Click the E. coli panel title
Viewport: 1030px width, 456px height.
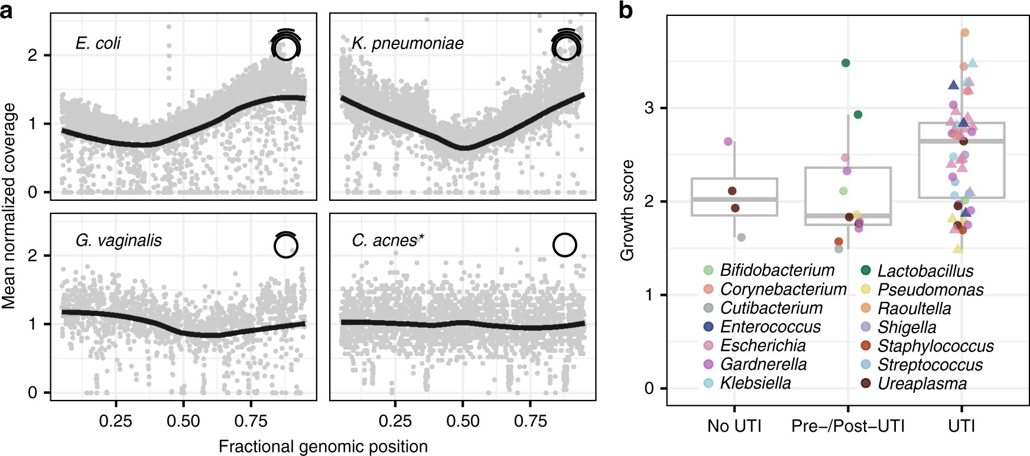(98, 43)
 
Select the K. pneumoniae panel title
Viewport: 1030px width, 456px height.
(407, 43)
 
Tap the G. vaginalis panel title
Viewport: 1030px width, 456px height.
(118, 240)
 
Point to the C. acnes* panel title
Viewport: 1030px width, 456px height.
(388, 240)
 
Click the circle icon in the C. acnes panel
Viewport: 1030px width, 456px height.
(564, 244)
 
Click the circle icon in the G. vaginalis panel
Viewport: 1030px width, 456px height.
(286, 245)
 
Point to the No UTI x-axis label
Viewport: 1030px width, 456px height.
(734, 426)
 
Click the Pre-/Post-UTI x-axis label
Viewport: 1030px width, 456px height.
(847, 426)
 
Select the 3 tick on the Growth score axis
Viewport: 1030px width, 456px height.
(650, 108)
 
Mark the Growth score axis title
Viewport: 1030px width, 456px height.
(627, 210)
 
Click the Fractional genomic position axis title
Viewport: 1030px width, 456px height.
(323, 446)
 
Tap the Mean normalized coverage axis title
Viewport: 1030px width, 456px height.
(9, 206)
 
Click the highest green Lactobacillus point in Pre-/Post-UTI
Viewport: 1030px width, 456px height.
(846, 63)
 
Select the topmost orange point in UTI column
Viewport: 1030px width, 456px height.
(964, 32)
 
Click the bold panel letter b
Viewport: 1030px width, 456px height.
(626, 11)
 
